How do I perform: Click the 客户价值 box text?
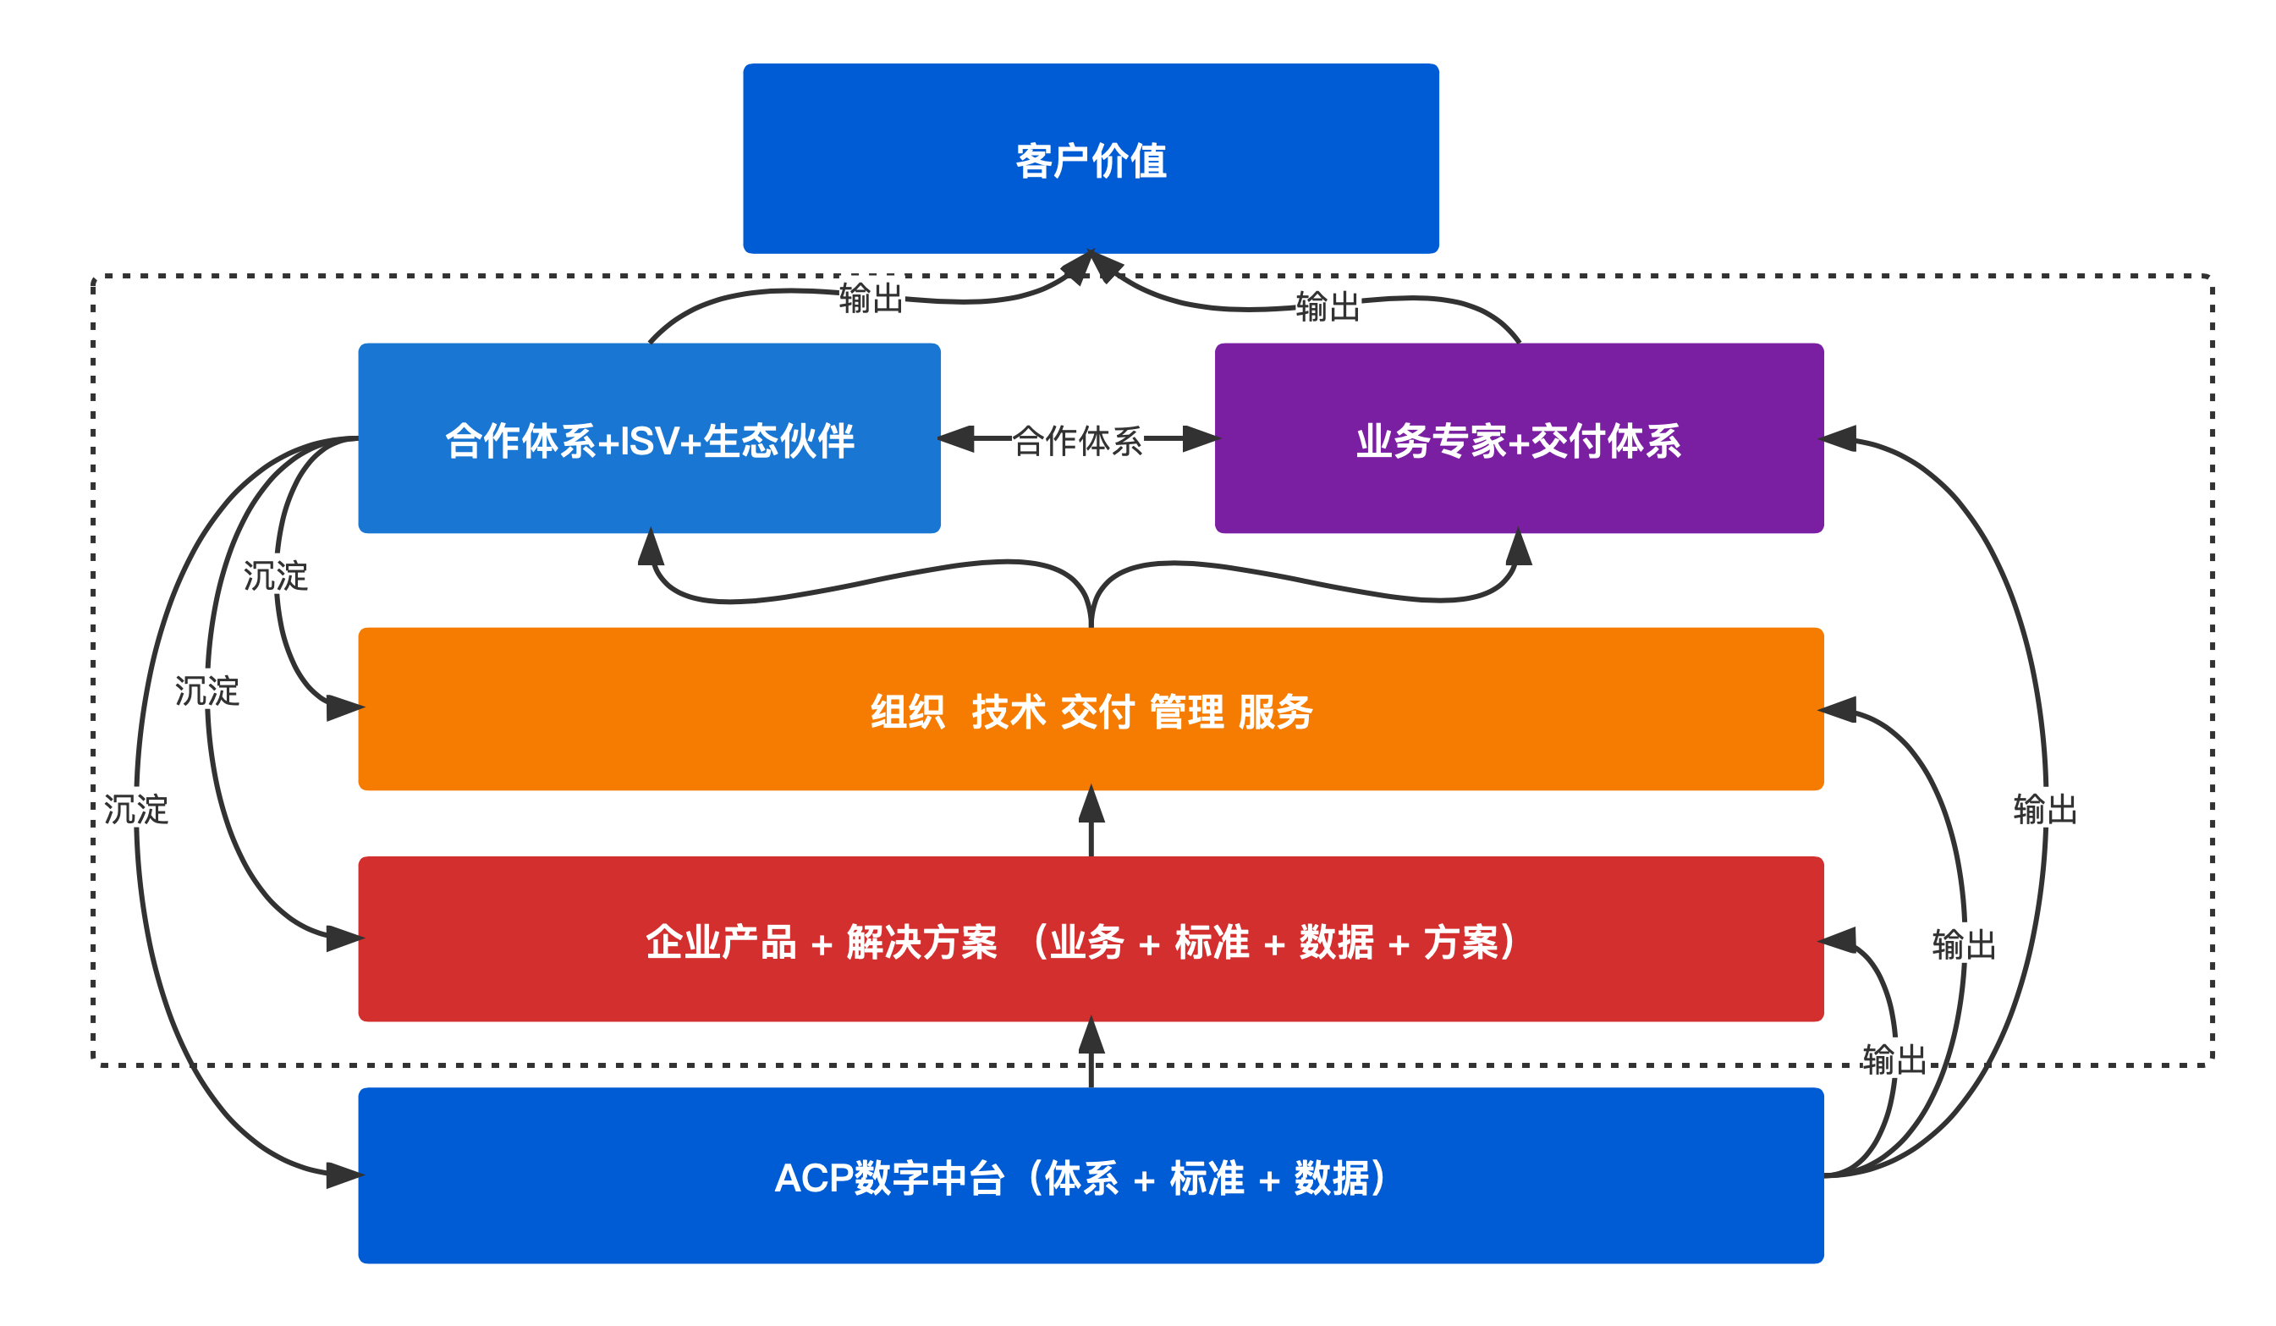click(x=1091, y=161)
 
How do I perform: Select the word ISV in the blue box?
click(x=651, y=442)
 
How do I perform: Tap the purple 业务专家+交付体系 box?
click(x=1519, y=442)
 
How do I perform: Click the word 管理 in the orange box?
click(x=1187, y=712)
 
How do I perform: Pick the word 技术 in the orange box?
click(x=1008, y=712)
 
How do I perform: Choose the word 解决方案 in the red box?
click(x=921, y=942)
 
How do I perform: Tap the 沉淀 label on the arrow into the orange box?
click(x=276, y=576)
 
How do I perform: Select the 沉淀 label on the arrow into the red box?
click(x=206, y=691)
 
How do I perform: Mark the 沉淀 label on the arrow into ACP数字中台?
click(x=135, y=809)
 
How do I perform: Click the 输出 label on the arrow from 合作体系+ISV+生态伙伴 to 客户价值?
click(x=871, y=298)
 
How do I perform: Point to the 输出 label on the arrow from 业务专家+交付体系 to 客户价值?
click(x=1328, y=307)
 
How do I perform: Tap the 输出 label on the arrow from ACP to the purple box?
click(x=2045, y=809)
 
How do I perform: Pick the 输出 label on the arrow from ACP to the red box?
click(x=1894, y=1059)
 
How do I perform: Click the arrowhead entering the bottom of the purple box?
click(x=1519, y=547)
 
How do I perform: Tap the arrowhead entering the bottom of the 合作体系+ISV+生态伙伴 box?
click(x=651, y=547)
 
